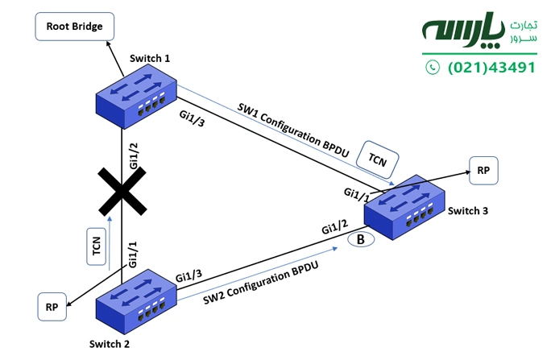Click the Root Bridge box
coord(74,27)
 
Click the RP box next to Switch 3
coord(483,171)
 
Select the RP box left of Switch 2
coord(52,307)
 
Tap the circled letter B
coord(358,239)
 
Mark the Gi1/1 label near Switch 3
coord(357,192)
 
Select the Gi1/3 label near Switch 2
coord(188,275)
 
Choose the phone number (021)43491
coord(491,68)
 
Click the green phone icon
coord(433,68)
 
